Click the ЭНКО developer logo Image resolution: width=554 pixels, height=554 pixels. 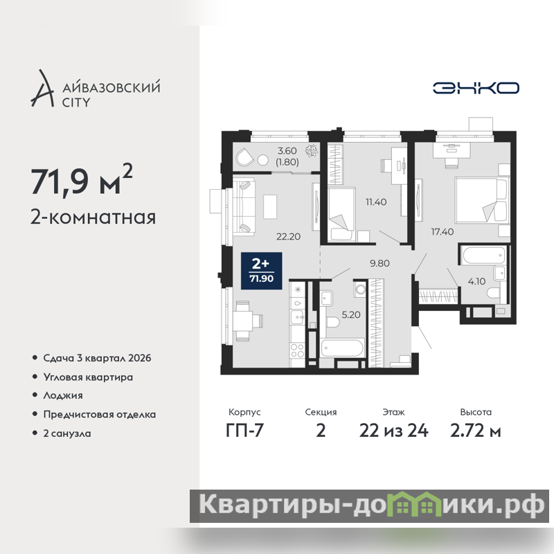[x=476, y=88]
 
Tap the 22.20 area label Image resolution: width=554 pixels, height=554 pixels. [x=288, y=236]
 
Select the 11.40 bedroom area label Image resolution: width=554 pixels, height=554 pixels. [x=376, y=202]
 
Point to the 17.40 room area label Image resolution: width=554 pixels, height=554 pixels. [x=443, y=232]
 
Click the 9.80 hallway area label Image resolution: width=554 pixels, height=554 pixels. [x=379, y=263]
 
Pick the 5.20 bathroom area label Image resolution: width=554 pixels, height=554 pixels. [x=351, y=314]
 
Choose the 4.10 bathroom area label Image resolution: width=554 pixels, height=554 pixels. [x=476, y=281]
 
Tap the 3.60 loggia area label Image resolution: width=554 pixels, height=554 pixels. [x=287, y=151]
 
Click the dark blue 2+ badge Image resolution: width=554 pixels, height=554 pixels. [x=262, y=271]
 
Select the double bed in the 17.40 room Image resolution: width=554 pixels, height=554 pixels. [x=482, y=200]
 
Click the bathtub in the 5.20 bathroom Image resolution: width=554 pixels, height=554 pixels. [x=342, y=348]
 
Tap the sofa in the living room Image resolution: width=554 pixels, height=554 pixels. [x=244, y=206]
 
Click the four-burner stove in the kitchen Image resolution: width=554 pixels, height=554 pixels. [x=297, y=350]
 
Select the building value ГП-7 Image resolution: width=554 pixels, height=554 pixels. [x=244, y=431]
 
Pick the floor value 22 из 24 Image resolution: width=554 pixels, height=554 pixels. [x=393, y=431]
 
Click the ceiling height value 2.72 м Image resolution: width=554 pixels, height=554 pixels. [x=476, y=431]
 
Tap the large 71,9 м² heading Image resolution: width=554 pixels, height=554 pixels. [x=82, y=181]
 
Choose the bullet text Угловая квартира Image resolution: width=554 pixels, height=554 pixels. [x=88, y=377]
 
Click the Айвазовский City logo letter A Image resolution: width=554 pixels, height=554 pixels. [x=42, y=89]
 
